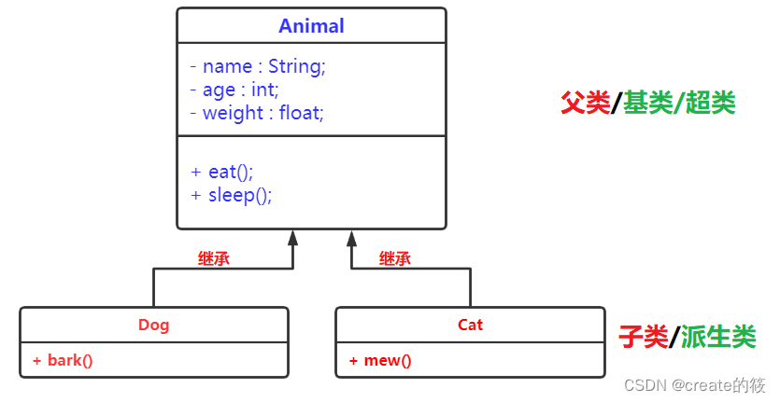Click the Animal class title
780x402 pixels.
point(311,26)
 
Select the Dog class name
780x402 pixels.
point(154,326)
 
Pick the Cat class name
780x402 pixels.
point(470,326)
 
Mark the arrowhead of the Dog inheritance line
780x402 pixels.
point(292,237)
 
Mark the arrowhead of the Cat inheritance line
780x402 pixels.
point(351,237)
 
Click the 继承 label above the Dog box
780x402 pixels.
point(213,259)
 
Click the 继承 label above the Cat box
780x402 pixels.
point(394,259)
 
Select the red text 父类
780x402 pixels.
point(585,104)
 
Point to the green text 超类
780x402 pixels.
point(711,104)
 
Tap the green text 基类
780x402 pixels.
point(648,104)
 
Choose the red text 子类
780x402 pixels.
point(643,337)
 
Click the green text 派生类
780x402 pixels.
point(717,337)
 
